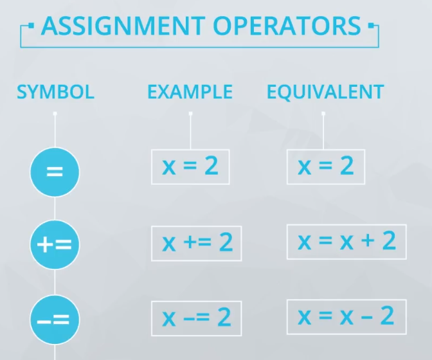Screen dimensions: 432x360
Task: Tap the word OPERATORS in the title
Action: pos(287,26)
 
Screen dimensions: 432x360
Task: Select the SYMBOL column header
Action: pos(56,92)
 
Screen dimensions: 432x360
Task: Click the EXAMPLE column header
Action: pos(190,92)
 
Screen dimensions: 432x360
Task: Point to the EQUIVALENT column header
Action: pos(325,92)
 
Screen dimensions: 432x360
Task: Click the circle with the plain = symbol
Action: pos(55,172)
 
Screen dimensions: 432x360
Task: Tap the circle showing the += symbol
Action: pos(55,244)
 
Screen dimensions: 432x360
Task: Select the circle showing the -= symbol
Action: pos(55,319)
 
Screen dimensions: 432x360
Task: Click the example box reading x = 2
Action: pos(190,167)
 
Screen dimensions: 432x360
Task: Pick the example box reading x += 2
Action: pos(197,244)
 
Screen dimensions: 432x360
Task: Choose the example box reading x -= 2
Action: pos(197,318)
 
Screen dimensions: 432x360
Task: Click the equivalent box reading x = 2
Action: pos(326,167)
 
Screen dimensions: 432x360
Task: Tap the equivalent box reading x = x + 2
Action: pos(346,242)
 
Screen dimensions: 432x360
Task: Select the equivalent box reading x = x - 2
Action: pos(346,317)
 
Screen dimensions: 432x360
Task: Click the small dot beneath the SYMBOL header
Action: pos(55,114)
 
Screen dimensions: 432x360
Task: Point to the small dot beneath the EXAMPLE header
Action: pos(190,114)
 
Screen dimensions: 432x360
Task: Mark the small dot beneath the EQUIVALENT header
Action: pos(323,114)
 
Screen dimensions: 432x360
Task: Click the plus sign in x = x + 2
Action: pos(368,240)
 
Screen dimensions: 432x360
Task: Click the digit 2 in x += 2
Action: pos(226,242)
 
